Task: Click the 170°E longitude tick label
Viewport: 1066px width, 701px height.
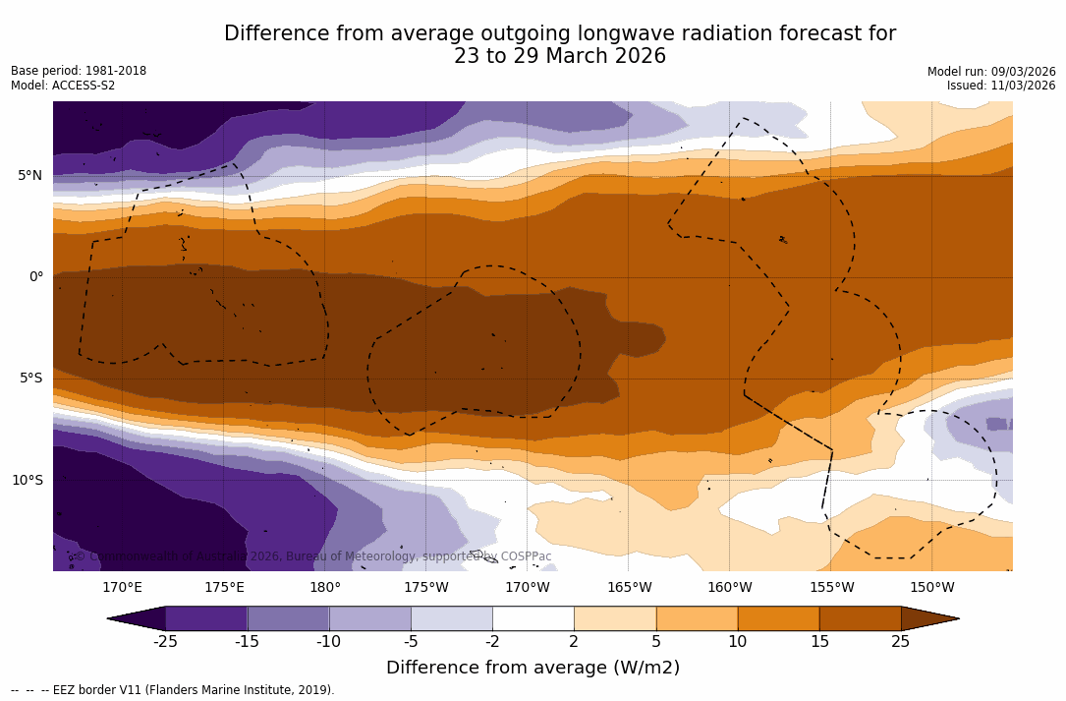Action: (x=123, y=588)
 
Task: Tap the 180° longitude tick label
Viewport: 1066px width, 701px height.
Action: (x=325, y=588)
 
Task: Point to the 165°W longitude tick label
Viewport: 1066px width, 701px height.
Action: (x=629, y=588)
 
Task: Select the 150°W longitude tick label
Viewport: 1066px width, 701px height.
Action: (x=932, y=588)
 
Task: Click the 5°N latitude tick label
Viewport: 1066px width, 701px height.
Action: (x=29, y=176)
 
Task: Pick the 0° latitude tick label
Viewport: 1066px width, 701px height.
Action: (x=36, y=277)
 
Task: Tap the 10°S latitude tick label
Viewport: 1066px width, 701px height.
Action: (x=27, y=481)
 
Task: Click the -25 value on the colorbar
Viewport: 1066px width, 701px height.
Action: (x=165, y=642)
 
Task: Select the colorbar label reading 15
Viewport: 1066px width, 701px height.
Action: (x=818, y=642)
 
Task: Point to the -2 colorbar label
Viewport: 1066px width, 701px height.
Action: (x=492, y=642)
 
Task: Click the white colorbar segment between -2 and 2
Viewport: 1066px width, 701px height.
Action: (x=533, y=618)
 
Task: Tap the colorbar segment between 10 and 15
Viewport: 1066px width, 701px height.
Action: (x=778, y=618)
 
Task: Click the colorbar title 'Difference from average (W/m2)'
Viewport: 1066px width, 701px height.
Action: (x=533, y=669)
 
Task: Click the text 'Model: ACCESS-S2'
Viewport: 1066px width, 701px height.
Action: (x=63, y=86)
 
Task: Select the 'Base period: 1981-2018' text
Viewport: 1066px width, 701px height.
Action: (x=79, y=71)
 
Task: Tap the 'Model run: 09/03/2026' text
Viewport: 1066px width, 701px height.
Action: (x=991, y=72)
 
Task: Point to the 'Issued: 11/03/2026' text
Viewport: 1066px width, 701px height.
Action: (x=1001, y=86)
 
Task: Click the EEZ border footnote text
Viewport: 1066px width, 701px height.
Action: (x=173, y=690)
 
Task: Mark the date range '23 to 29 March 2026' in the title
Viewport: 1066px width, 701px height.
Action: (x=560, y=57)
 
